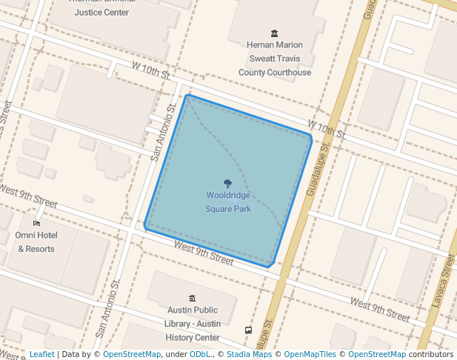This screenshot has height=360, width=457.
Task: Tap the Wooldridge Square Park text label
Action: point(228,202)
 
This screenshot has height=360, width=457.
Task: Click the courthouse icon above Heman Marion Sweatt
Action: point(275,33)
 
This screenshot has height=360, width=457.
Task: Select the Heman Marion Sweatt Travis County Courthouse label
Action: point(275,59)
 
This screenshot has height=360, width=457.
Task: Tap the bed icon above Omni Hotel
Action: point(36,223)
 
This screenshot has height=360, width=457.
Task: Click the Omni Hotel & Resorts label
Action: point(36,242)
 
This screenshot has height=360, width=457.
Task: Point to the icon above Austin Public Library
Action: point(193,298)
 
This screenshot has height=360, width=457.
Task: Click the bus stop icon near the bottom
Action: point(248,330)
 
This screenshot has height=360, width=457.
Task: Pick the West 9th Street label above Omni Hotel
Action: point(28,196)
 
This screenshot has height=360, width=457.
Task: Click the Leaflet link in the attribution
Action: point(41,355)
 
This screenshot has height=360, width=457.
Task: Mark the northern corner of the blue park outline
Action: point(188,96)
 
